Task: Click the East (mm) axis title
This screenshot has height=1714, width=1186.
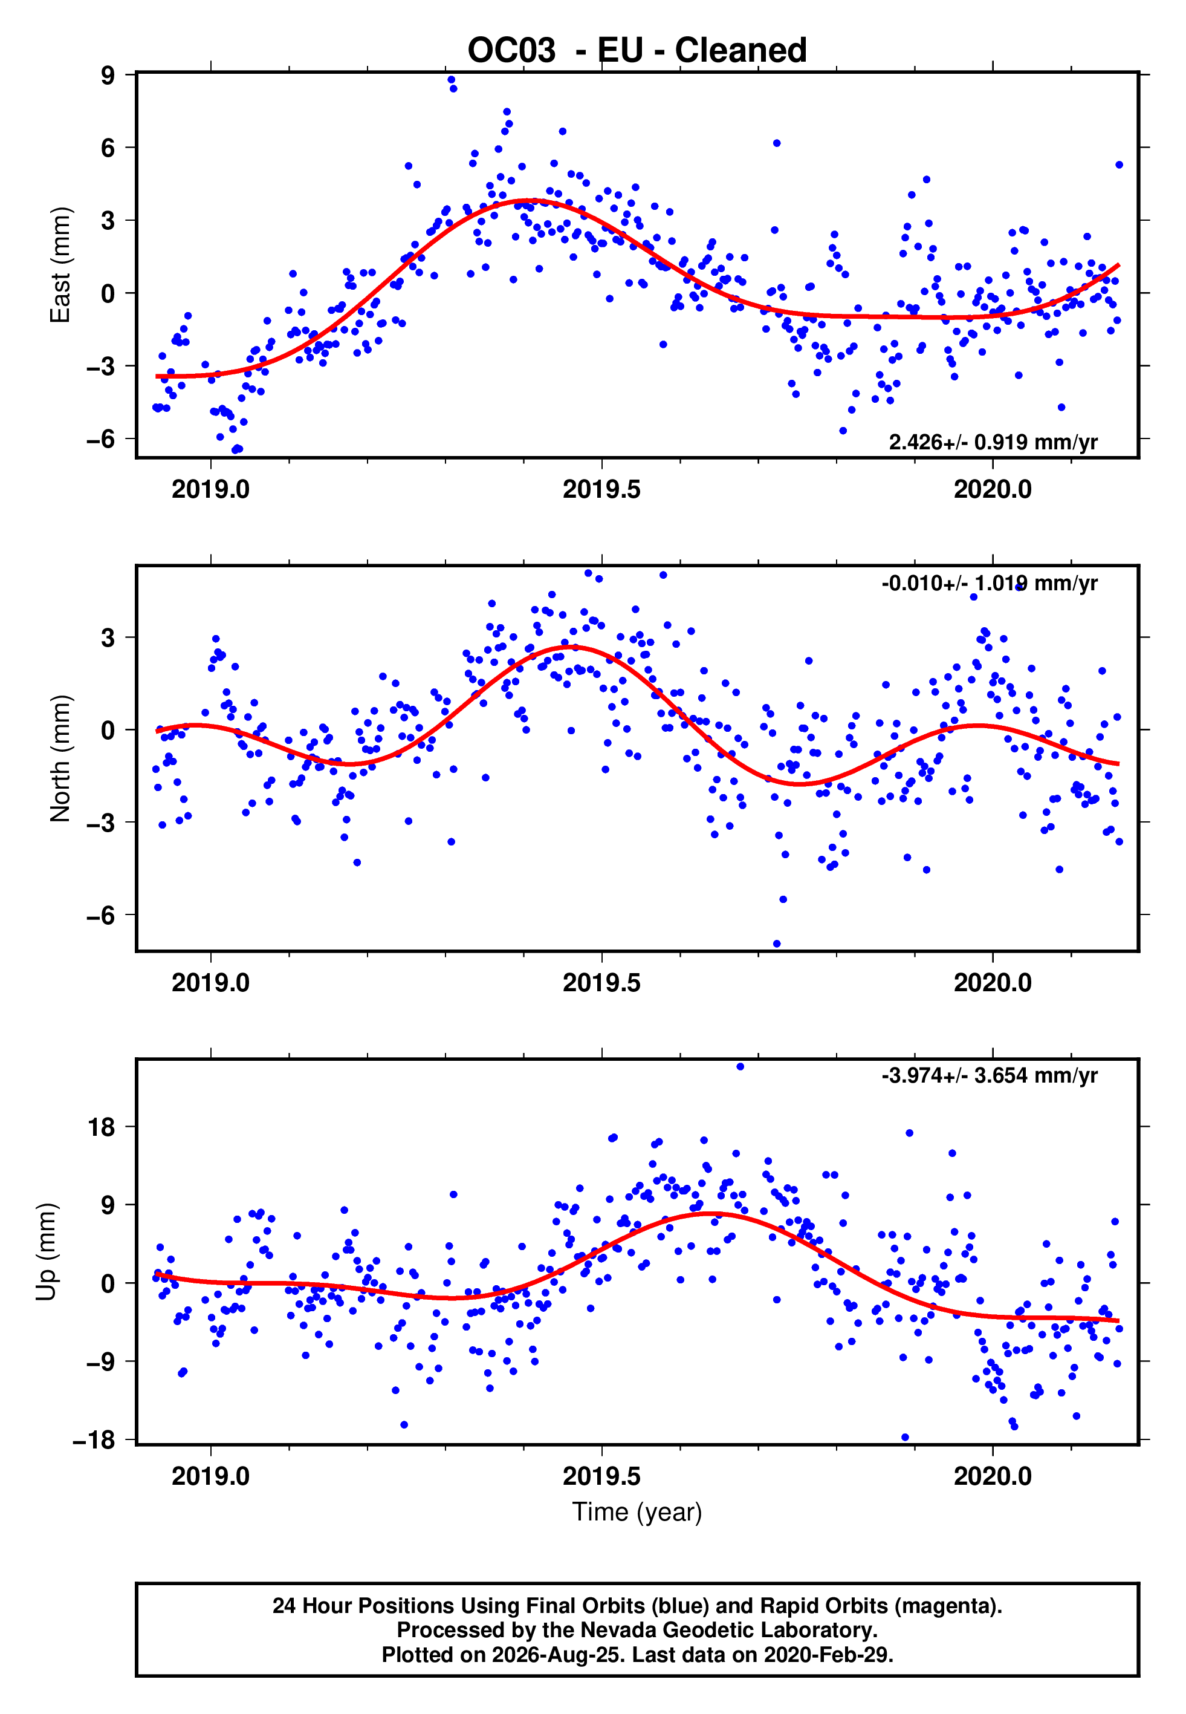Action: (x=60, y=265)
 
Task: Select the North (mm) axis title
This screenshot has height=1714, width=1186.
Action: (x=60, y=758)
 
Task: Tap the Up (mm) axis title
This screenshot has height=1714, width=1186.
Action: (x=46, y=1252)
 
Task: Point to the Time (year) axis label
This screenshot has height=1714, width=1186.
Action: (x=637, y=1513)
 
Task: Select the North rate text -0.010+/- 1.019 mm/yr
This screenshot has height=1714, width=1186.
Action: (x=989, y=584)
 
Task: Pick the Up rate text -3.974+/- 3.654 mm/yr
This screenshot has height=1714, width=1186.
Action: (x=989, y=1075)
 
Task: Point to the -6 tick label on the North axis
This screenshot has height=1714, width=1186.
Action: (x=101, y=915)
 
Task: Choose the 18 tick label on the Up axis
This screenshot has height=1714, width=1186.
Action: (x=102, y=1127)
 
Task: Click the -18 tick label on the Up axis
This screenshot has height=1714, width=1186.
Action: (x=94, y=1440)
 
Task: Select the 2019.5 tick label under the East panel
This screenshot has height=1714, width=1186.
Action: (x=601, y=489)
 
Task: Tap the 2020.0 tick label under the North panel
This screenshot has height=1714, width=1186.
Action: (x=993, y=983)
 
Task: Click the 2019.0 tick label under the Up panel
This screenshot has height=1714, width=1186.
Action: (x=210, y=1476)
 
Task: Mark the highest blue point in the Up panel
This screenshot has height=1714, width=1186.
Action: (x=740, y=1067)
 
